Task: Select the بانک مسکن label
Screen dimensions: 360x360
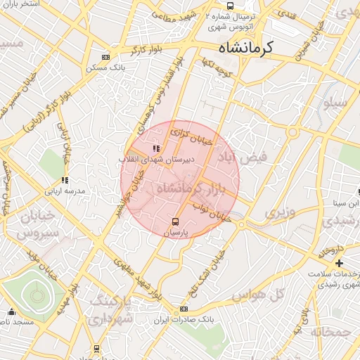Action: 105,68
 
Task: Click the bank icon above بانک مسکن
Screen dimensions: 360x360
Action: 105,58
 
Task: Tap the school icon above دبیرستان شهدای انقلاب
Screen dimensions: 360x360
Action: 155,148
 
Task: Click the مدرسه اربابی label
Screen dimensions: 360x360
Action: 65,191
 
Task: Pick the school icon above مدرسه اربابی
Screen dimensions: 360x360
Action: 65,180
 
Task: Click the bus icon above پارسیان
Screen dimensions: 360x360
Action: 176,223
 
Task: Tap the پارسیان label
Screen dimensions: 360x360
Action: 176,233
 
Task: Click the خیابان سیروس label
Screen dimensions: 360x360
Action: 29,224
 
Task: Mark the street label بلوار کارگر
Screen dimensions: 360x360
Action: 146,50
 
